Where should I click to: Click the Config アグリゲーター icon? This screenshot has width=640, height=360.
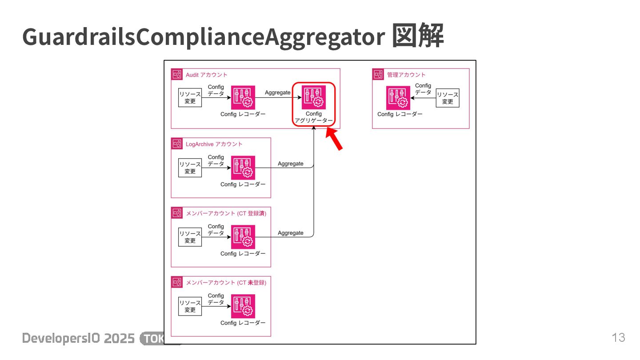point(314,97)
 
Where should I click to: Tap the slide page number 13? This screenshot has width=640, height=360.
point(618,338)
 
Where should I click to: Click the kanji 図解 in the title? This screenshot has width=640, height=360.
point(417,37)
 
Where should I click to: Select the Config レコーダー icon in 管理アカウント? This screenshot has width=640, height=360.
point(398,97)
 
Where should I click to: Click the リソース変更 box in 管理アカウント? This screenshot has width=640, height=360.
point(447,98)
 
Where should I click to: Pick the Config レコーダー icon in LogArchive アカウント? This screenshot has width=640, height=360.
point(243,168)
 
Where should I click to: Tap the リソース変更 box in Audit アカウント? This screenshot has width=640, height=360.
point(190,98)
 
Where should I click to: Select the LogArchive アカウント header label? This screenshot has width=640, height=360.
point(214,144)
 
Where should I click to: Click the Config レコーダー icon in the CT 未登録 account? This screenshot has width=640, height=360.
point(243,306)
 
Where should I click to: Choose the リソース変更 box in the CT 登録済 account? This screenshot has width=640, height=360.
point(190,237)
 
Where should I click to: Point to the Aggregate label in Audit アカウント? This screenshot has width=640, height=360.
point(277,92)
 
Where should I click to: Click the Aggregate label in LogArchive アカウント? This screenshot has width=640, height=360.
point(291,164)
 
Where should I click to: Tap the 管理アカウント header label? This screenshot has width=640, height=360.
point(406,75)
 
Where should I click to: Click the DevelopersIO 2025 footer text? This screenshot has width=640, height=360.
point(79,338)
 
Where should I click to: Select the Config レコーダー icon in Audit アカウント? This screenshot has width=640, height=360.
point(243,97)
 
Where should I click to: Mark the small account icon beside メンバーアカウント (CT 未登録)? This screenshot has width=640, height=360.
point(177,282)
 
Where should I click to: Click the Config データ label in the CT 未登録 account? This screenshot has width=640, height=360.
point(216,299)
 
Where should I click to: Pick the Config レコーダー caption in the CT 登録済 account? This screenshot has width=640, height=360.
point(243,254)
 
